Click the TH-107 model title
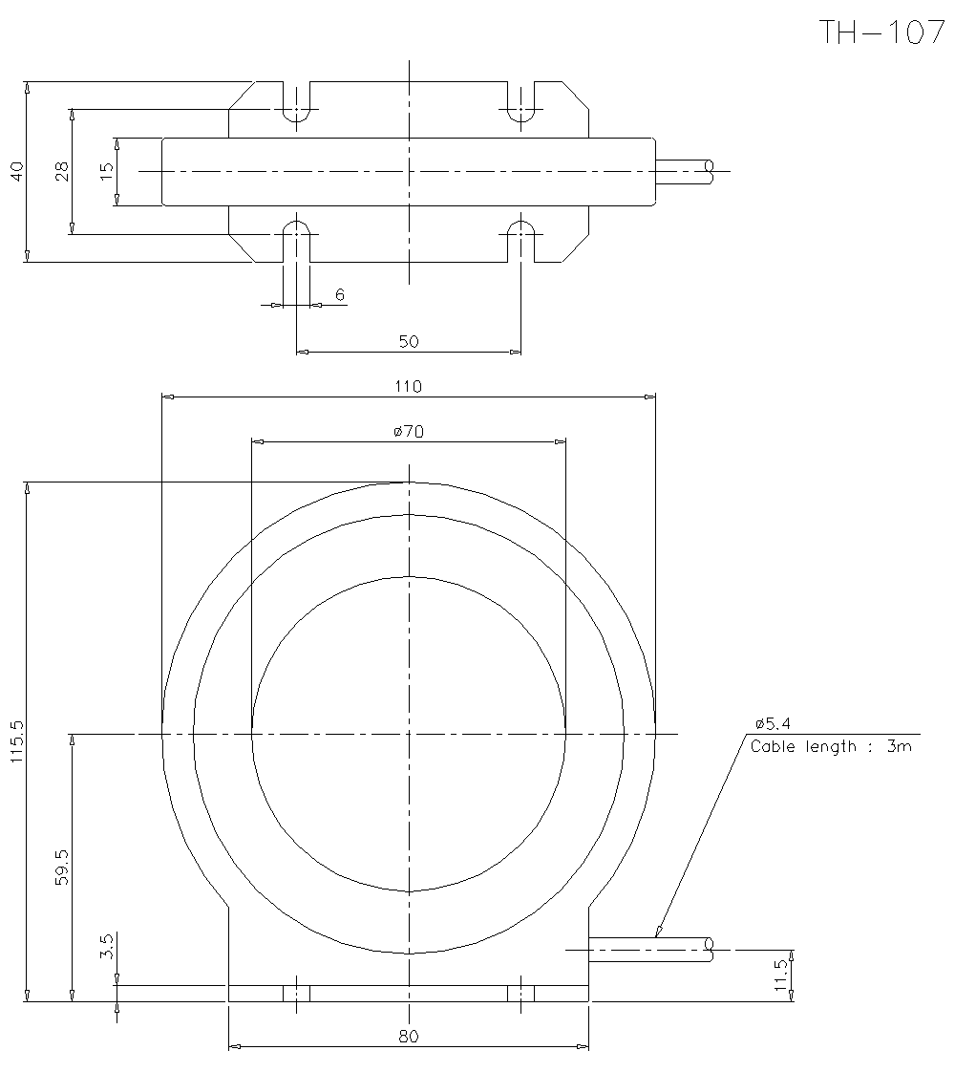point(881,32)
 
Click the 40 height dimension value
point(17,171)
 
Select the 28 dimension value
point(62,171)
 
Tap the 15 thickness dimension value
point(107,171)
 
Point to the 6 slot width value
point(340,294)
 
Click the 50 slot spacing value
point(409,341)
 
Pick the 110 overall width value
point(409,386)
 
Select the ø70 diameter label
point(409,432)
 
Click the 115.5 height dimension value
point(17,741)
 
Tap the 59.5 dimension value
point(62,868)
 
